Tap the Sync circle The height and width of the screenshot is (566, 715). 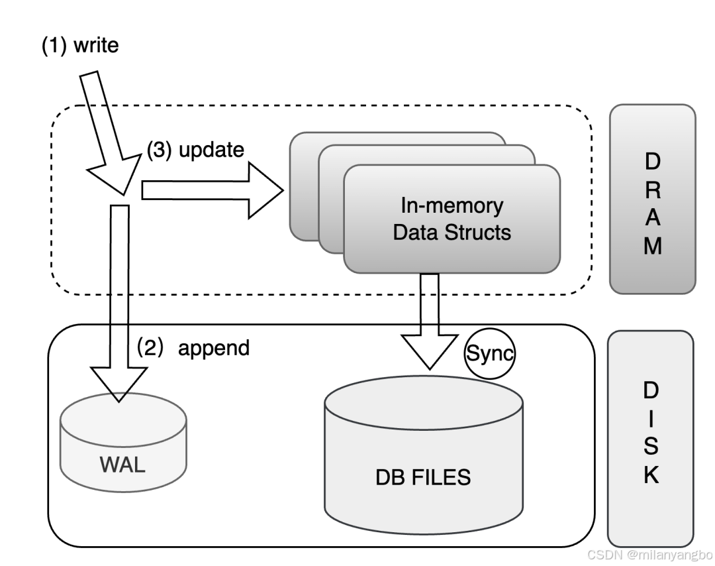pyautogui.click(x=489, y=353)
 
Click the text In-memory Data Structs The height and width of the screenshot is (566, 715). pyautogui.click(x=452, y=219)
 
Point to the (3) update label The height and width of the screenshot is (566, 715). pyautogui.click(x=195, y=150)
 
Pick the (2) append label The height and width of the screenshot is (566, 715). pyautogui.click(x=193, y=348)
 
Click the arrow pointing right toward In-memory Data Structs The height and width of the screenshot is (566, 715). pyautogui.click(x=212, y=191)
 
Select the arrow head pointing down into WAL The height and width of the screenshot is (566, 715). pyautogui.click(x=120, y=381)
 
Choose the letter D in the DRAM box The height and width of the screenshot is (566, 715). pyautogui.click(x=652, y=162)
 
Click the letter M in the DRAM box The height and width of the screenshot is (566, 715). pyautogui.click(x=652, y=247)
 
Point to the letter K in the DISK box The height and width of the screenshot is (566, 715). pyautogui.click(x=651, y=475)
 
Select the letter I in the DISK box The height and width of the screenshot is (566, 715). pyautogui.click(x=651, y=419)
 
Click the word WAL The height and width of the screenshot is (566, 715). pyautogui.click(x=122, y=464)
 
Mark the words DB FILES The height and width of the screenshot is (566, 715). pyautogui.click(x=423, y=477)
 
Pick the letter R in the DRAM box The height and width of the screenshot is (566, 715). pyautogui.click(x=652, y=190)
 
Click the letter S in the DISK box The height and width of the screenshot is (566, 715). pyautogui.click(x=651, y=447)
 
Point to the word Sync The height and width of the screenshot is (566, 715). pyautogui.click(x=489, y=353)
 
